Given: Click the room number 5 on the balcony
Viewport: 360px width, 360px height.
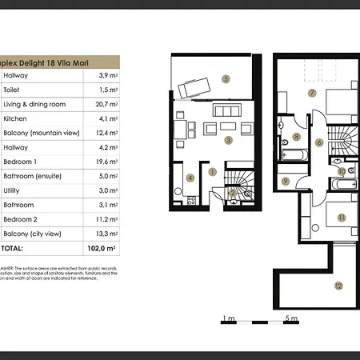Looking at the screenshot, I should pyautogui.click(x=226, y=79).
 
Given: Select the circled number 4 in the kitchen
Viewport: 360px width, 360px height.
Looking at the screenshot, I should pyautogui.click(x=190, y=178).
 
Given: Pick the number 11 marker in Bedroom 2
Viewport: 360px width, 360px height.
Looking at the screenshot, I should pyautogui.click(x=341, y=217).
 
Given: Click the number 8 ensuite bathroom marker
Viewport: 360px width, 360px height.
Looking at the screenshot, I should pyautogui.click(x=296, y=137).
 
